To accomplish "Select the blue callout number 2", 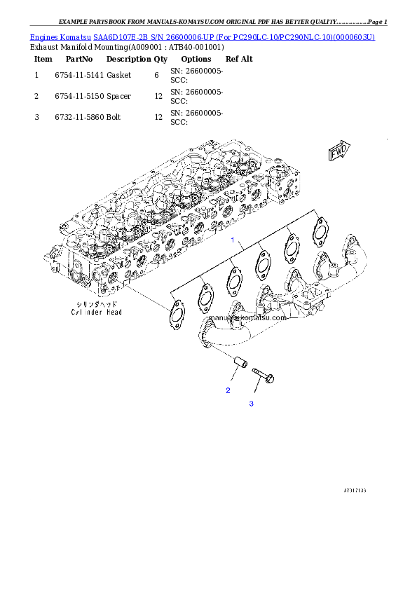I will (x=228, y=390).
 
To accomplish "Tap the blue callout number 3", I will (x=251, y=404).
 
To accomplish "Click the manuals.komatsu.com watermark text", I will (x=247, y=317).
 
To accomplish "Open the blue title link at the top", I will (x=202, y=36).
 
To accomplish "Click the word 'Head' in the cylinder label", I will (x=112, y=313).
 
